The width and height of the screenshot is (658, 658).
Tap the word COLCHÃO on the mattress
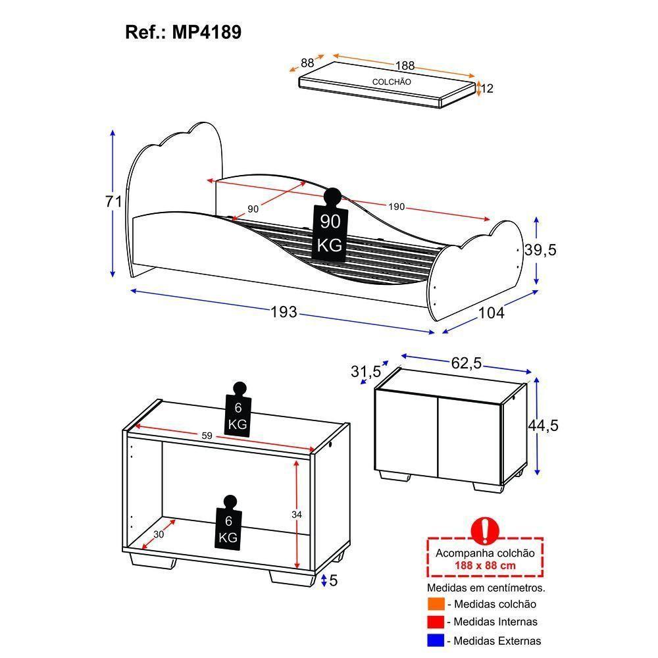392,82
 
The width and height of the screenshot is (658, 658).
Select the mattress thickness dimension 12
487,88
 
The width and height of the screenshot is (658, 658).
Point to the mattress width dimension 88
307,63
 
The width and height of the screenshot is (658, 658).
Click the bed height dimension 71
114,201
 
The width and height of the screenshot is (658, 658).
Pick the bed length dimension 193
284,311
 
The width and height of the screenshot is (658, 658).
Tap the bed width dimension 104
491,313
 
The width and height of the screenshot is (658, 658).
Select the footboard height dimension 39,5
541,250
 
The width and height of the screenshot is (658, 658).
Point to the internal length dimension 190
396,207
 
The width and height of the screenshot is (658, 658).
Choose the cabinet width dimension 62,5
467,363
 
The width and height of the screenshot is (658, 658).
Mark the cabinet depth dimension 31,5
366,372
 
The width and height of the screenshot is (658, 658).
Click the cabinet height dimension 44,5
543,426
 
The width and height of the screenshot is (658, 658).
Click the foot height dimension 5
334,580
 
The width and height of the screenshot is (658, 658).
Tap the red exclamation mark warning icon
486,528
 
